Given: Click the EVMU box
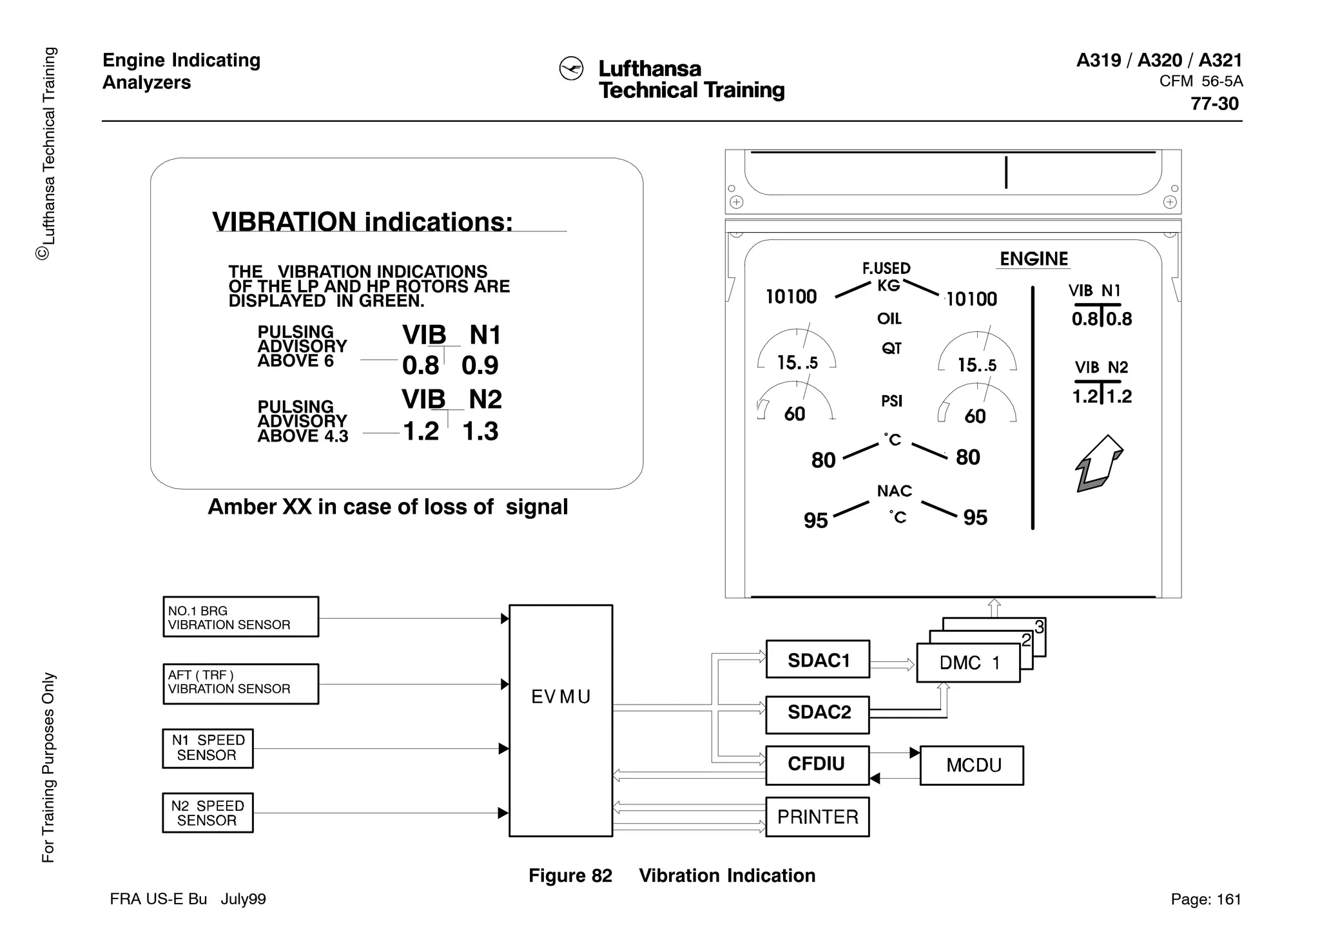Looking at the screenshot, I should (x=560, y=720).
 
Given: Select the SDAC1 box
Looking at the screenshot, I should (x=817, y=659).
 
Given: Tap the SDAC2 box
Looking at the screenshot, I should (x=817, y=714).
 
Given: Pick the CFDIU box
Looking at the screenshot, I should (x=817, y=765).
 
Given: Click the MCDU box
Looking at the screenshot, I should (x=971, y=765).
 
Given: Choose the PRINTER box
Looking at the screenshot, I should (x=817, y=817).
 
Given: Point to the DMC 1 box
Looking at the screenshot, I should (x=968, y=663).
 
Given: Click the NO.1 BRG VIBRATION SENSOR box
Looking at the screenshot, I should (x=240, y=617).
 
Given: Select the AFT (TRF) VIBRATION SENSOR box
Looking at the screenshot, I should (x=240, y=683).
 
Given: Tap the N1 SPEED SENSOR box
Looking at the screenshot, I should (x=208, y=748).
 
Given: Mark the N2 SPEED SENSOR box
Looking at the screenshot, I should (x=208, y=813).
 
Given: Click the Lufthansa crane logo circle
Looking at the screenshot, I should (x=571, y=69).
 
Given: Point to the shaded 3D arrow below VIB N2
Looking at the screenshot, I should (x=1100, y=463).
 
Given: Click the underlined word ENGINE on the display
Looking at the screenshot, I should (x=1034, y=258).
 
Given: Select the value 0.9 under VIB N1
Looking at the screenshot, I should (x=480, y=365).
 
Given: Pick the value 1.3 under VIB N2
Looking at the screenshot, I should (x=480, y=431).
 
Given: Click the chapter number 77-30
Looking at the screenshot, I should (x=1214, y=104).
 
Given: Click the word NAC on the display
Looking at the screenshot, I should (x=894, y=491).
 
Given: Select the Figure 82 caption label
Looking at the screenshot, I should (x=570, y=875).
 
